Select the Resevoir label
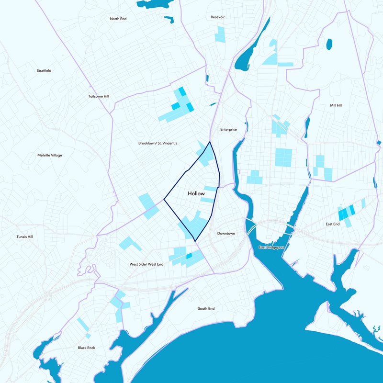(217, 17)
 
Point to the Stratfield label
(44, 70)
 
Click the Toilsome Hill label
(99, 96)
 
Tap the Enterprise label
(228, 129)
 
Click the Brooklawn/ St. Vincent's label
(158, 143)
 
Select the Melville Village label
(50, 155)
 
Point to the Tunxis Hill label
(24, 237)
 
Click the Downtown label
(226, 233)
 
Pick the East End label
(332, 224)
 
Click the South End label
(206, 308)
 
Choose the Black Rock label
(87, 348)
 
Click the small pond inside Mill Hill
(329, 45)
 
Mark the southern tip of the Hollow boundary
(195, 241)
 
